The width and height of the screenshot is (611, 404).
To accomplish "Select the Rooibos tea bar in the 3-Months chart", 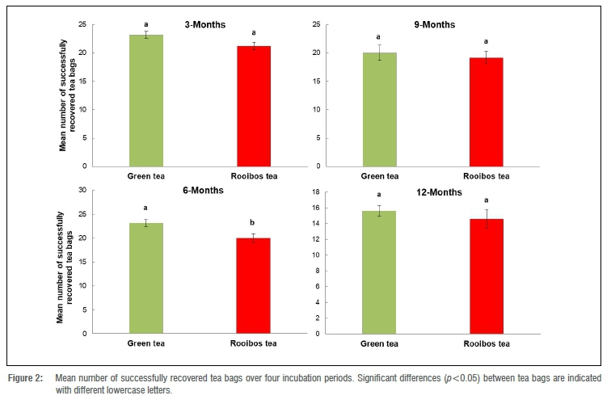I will (253, 106).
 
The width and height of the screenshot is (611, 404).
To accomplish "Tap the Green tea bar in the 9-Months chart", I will (379, 109).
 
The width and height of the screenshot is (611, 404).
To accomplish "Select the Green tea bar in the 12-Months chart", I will (379, 271).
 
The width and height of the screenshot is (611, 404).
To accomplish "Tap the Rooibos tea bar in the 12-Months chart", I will (486, 276).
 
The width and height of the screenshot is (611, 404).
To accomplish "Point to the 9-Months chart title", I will (432, 25).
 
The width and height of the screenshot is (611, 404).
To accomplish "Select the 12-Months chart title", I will (435, 192).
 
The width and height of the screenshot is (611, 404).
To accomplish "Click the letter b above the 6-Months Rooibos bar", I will (253, 223).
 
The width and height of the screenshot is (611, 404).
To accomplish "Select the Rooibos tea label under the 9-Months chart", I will (486, 175).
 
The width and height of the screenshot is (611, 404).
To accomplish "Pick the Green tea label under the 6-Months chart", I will (146, 343).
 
